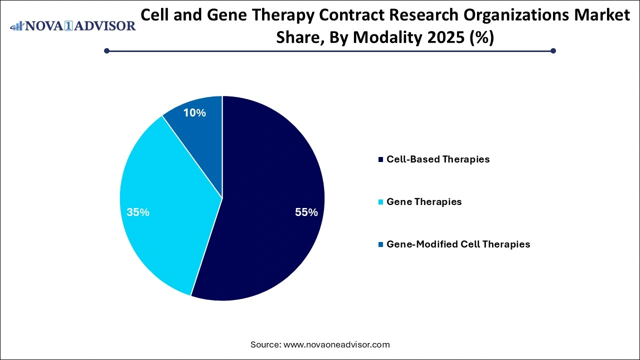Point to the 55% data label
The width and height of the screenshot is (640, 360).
click(306, 212)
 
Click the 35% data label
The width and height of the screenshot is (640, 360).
click(138, 212)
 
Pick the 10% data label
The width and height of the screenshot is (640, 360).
click(194, 113)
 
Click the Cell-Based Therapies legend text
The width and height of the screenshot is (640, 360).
click(438, 159)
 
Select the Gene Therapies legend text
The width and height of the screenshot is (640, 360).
click(424, 202)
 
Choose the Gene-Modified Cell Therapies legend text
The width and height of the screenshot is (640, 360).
click(458, 244)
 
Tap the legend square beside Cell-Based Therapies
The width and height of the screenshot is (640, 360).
click(381, 160)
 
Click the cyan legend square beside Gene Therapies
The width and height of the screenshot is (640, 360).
click(381, 202)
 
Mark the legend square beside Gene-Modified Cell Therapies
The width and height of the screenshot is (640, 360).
click(381, 245)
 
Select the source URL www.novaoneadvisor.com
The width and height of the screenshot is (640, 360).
click(336, 344)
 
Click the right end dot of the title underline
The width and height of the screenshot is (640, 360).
click(553, 50)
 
